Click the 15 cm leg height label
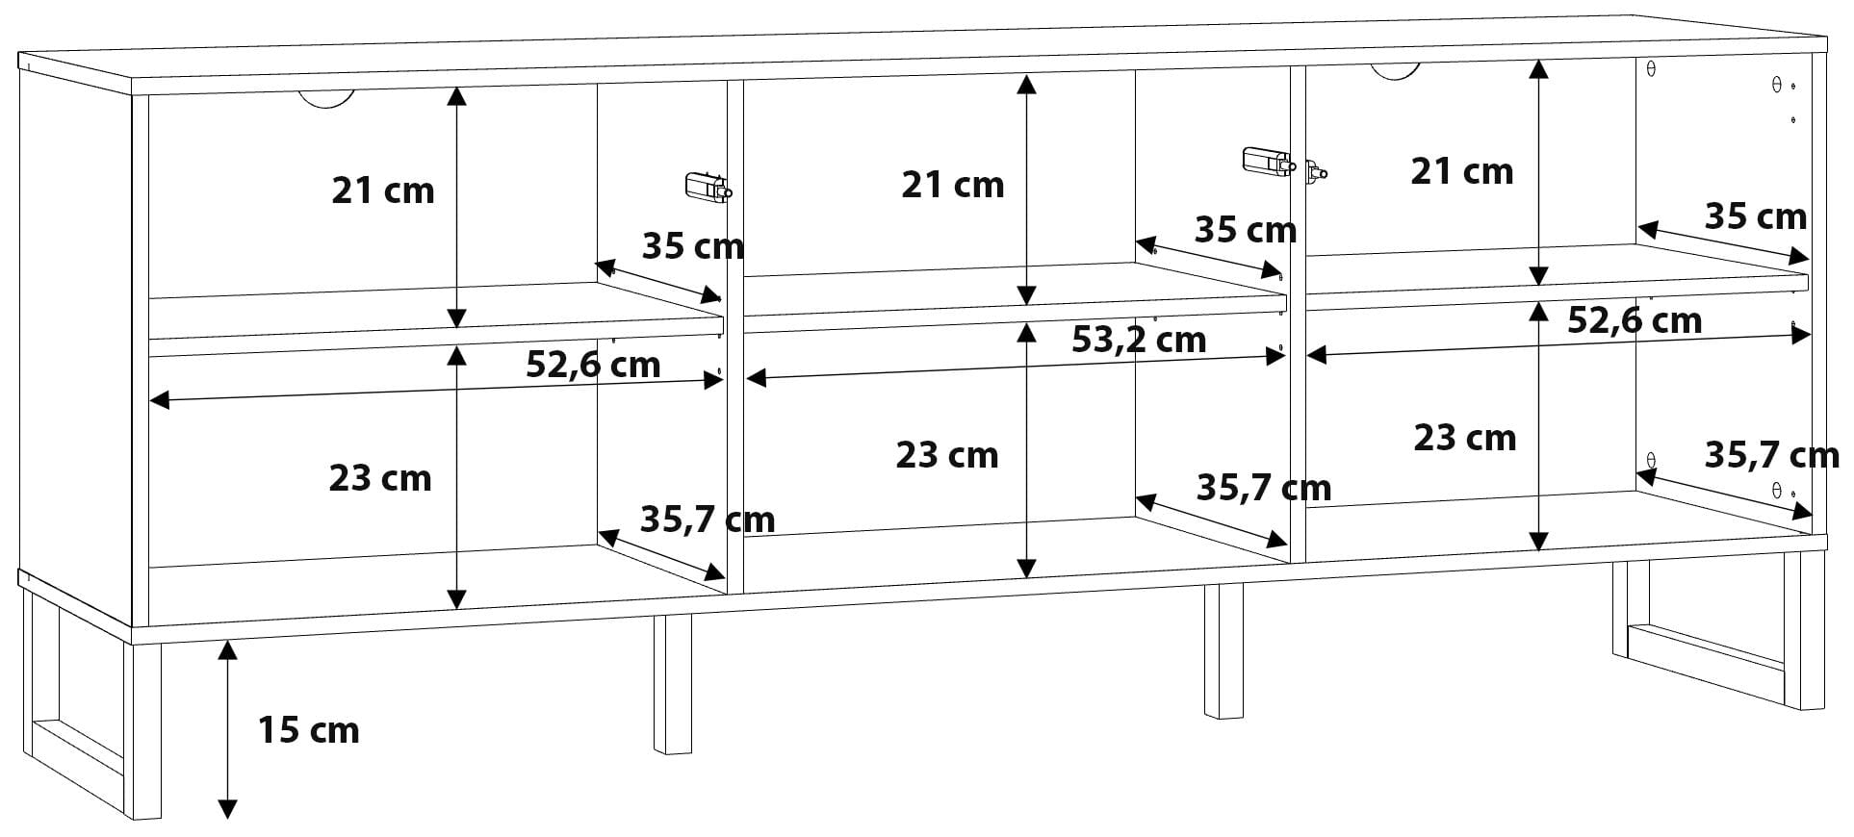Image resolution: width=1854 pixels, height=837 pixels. (x=308, y=730)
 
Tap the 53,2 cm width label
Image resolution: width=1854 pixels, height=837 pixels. (x=1139, y=340)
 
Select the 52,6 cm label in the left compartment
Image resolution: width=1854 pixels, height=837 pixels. (x=593, y=365)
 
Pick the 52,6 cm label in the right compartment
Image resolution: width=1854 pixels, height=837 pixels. (x=1635, y=320)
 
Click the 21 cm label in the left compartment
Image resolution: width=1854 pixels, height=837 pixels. (x=383, y=190)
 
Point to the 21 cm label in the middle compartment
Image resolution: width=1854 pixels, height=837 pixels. (x=952, y=185)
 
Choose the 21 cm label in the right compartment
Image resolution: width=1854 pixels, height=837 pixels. (x=1462, y=171)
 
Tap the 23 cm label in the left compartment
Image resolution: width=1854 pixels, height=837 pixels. (x=380, y=478)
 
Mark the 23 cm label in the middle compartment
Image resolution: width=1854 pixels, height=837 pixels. (x=947, y=455)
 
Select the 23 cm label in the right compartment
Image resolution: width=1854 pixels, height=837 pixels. (x=1465, y=438)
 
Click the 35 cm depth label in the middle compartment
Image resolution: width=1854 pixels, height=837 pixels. (x=1246, y=230)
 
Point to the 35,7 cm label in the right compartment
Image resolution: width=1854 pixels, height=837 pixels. (x=1772, y=454)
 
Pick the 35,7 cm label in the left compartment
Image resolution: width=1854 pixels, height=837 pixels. (x=708, y=520)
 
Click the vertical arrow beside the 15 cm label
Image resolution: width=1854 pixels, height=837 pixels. (x=227, y=730)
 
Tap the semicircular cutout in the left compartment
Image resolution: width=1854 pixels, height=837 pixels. (x=326, y=98)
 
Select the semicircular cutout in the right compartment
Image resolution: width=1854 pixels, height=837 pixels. (x=1395, y=72)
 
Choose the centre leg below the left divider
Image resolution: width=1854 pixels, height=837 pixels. (x=673, y=684)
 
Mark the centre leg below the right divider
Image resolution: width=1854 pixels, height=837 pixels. (x=1223, y=650)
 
